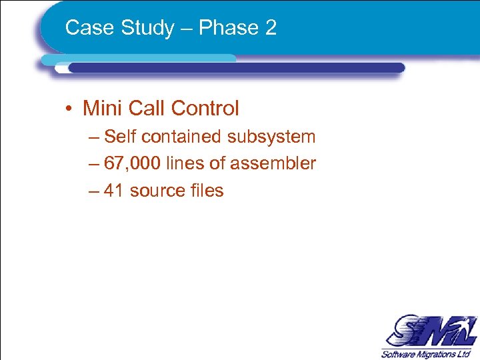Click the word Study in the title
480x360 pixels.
coord(136,28)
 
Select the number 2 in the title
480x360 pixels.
coord(270,28)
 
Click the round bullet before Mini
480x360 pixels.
coord(69,109)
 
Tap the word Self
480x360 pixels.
coord(120,137)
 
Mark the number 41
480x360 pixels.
coord(114,191)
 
